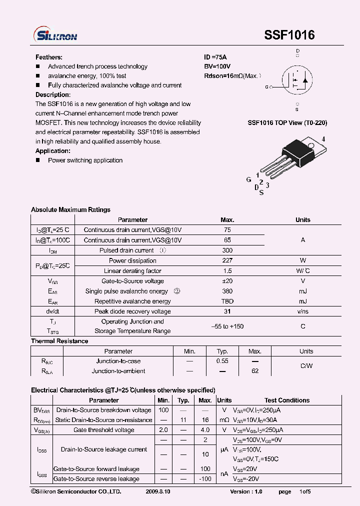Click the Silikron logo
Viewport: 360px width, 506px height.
coord(55,34)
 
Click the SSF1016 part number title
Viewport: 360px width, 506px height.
coord(289,35)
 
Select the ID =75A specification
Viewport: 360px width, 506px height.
coord(215,57)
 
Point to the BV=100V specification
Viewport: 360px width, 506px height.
coord(217,66)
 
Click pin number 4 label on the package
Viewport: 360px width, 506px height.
coord(323,139)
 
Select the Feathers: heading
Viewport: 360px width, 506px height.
coord(49,57)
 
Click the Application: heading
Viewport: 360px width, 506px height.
coord(53,151)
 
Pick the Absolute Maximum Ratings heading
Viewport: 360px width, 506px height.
coord(70,209)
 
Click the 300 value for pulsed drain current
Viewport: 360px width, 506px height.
coord(227,250)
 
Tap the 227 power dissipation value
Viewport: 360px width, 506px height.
coord(227,260)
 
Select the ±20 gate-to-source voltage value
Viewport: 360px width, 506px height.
coord(227,281)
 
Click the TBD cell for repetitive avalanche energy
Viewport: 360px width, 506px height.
coord(227,301)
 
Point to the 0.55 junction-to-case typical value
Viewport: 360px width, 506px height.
coord(222,361)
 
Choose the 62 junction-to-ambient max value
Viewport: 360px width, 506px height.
coord(255,371)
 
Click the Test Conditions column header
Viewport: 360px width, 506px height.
coord(287,400)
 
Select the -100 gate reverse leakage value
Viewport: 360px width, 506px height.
coord(205,479)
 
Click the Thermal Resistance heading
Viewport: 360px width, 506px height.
coord(59,341)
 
